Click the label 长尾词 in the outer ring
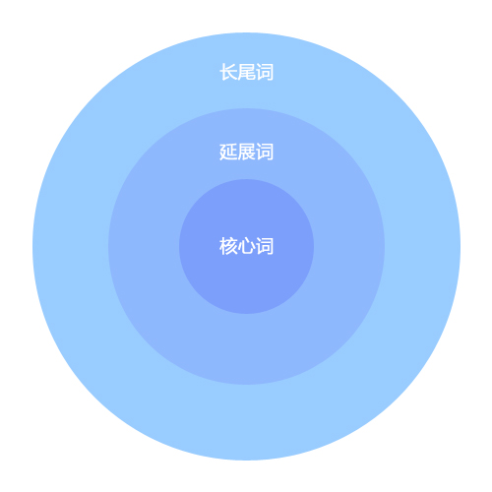point(246,72)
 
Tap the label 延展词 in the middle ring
point(246,152)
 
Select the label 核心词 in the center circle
point(246,246)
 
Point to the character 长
point(228,72)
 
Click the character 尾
point(246,72)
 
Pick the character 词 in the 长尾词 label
point(265,72)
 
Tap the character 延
point(228,152)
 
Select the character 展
point(246,152)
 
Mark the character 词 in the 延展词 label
point(265,152)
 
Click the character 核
point(228,246)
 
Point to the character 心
point(246,246)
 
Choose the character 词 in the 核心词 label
point(265,246)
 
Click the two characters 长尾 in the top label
point(237,72)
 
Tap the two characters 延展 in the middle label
point(237,152)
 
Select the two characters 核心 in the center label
point(237,246)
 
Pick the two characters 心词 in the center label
point(256,246)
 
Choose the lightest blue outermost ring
point(246,423)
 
